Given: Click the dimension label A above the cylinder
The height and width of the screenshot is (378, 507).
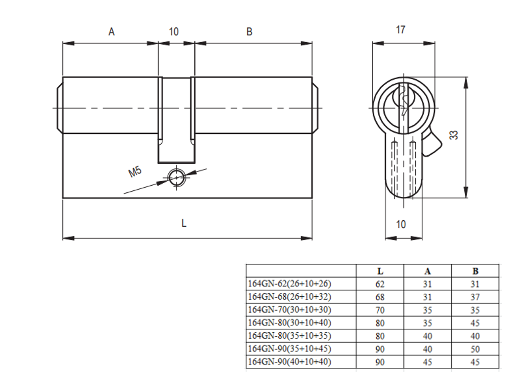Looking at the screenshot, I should [112, 31].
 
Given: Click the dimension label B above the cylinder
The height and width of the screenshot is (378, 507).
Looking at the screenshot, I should [249, 31].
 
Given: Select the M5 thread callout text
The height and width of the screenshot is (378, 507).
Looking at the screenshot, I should [135, 172].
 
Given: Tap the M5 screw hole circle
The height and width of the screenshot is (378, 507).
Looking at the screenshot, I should [176, 177].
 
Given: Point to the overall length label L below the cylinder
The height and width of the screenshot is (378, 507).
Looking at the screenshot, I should [184, 223].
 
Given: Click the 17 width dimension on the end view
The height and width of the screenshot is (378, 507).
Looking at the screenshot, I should [401, 30].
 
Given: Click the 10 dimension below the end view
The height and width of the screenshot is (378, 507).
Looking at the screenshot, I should [401, 224].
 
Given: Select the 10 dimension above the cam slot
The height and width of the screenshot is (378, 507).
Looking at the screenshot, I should [173, 31].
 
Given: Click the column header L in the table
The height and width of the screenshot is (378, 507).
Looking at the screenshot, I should [380, 271].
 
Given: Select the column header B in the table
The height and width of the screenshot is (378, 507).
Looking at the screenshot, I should [475, 271].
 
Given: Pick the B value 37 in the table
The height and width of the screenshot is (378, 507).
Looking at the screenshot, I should [475, 297].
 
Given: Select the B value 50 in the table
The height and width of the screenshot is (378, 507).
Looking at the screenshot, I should [475, 349].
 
